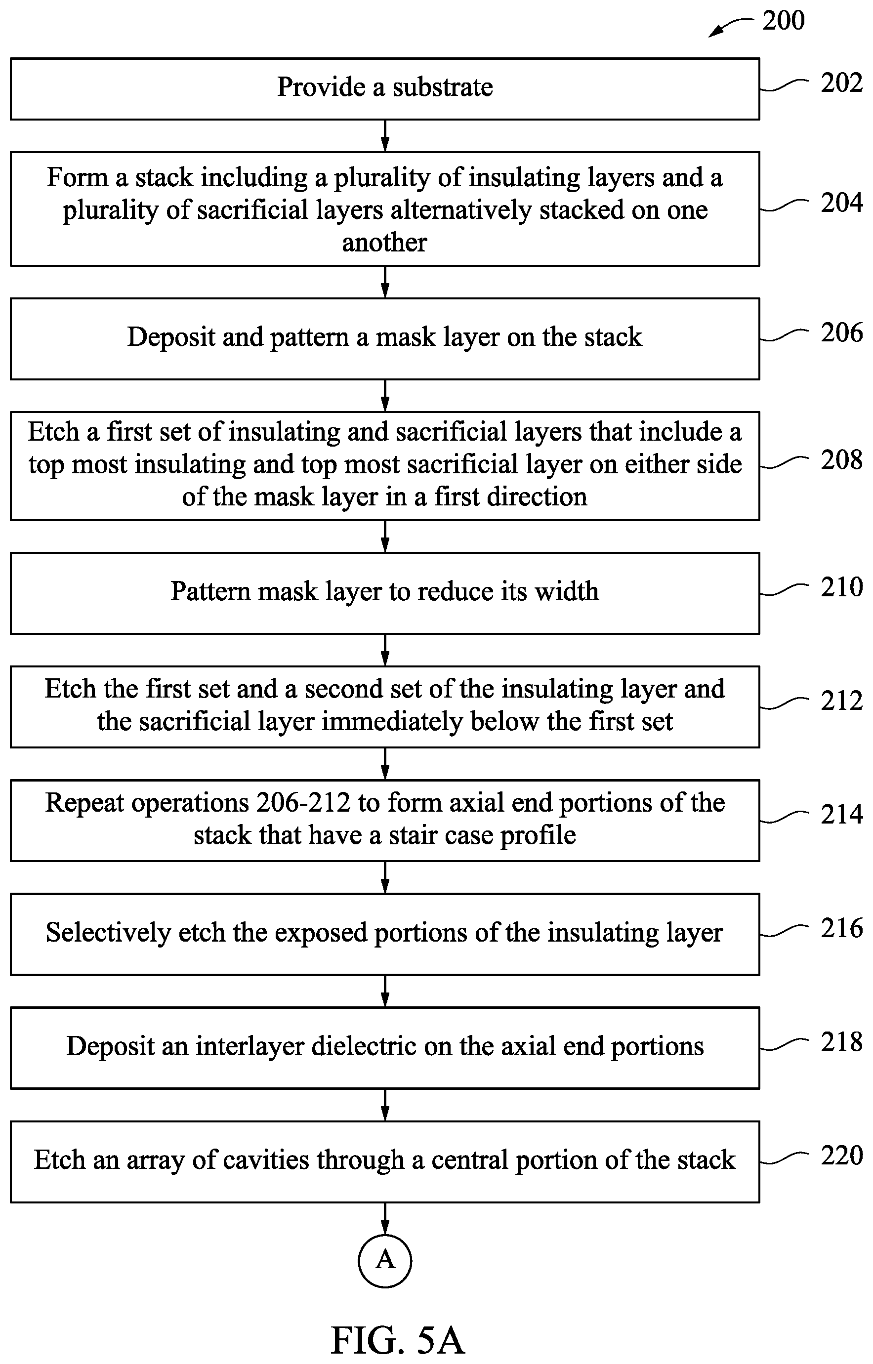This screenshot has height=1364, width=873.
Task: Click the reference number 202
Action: [842, 83]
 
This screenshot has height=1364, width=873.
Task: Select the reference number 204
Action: [842, 203]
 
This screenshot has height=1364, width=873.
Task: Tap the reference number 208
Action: [842, 459]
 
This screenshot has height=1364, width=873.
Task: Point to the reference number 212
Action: [842, 701]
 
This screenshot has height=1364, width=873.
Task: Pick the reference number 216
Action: [842, 928]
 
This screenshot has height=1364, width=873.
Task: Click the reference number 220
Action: [842, 1156]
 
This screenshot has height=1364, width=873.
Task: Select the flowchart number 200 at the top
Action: [784, 21]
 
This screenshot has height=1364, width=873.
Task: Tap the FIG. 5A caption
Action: [397, 1340]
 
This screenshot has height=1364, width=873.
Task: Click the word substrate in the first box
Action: [443, 87]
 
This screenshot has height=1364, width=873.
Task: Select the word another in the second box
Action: [384, 243]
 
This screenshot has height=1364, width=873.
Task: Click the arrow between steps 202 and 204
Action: [385, 136]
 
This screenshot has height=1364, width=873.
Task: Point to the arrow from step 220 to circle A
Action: [385, 1218]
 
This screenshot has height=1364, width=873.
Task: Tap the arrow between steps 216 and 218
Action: [385, 991]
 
